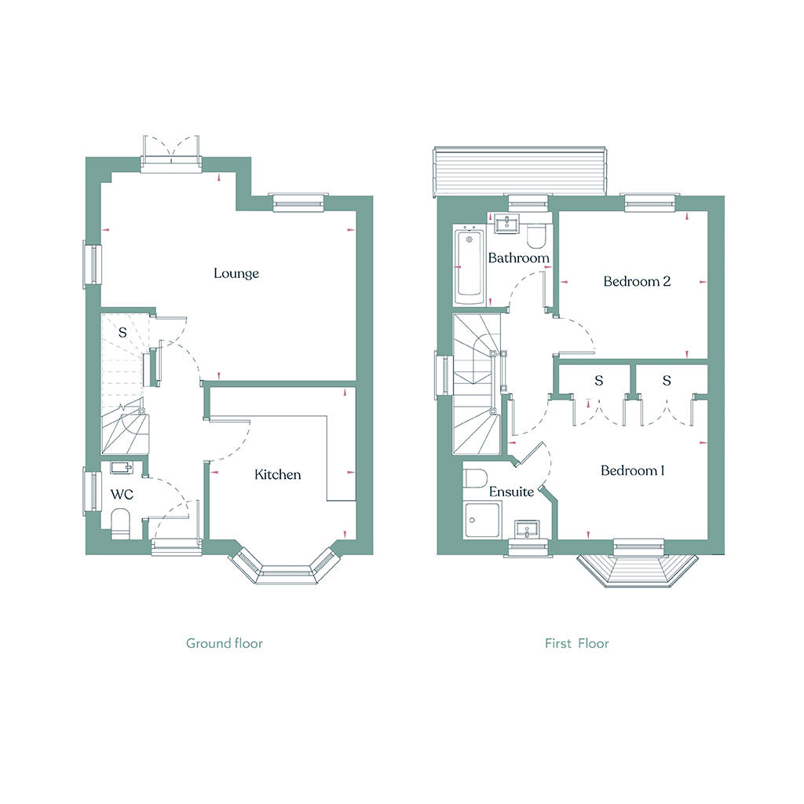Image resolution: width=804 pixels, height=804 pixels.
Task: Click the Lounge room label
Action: point(236,273)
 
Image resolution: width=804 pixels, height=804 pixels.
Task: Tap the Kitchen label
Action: point(277,474)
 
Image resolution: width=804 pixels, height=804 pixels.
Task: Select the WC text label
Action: point(122,495)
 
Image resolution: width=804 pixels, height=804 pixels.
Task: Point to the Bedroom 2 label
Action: point(637,281)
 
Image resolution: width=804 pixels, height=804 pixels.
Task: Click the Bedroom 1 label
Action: point(633,470)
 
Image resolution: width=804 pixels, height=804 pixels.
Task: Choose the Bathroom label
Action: point(518,258)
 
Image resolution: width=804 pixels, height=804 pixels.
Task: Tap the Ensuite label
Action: point(511,492)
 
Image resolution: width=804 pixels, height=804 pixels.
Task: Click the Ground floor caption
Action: point(224,643)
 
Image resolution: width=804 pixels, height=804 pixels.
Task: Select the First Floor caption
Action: point(577,643)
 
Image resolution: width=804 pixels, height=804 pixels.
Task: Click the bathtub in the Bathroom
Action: point(470,265)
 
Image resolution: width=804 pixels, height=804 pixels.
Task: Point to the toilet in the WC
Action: point(121,524)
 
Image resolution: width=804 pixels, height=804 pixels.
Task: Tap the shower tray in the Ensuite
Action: point(481,520)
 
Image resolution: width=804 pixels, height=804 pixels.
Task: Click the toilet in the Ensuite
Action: point(475,478)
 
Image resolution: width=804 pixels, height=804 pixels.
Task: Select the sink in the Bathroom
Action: point(508,224)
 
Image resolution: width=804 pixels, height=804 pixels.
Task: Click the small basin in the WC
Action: point(122,467)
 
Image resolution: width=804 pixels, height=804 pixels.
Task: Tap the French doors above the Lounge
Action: point(170,155)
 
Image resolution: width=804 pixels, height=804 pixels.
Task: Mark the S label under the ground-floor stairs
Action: point(122,332)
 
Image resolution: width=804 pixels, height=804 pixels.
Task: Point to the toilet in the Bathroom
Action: point(537,234)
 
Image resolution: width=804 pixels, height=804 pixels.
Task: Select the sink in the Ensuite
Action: point(527,529)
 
